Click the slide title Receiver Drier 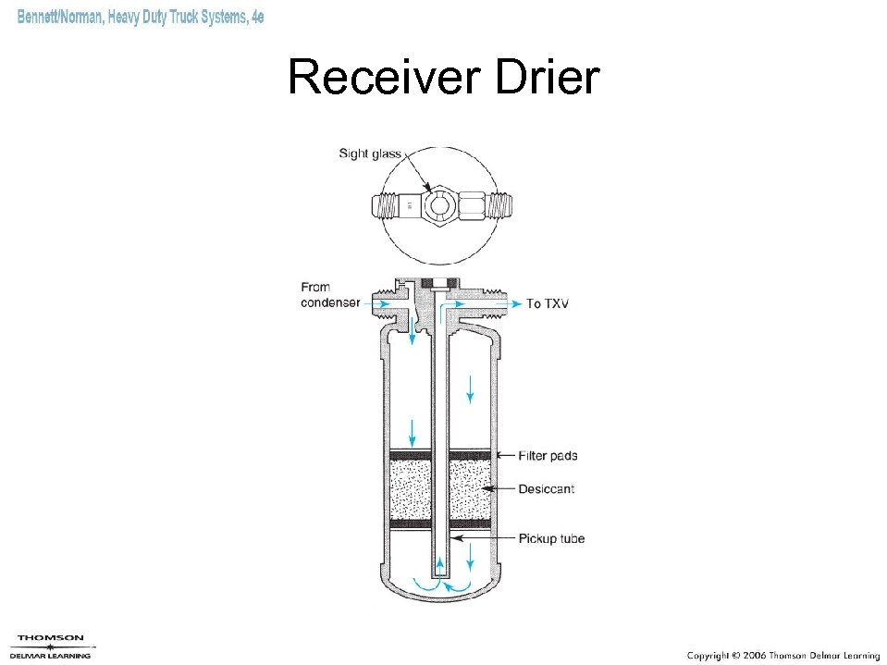tap(443, 78)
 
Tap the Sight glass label tap(370, 154)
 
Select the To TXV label tap(547, 303)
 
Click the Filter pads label tap(548, 456)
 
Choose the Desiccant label tap(546, 488)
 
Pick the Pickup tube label tap(551, 538)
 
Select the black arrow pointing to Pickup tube tap(481, 538)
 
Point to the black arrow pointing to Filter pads tap(505, 456)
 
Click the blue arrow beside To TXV tap(504, 303)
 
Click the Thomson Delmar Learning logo tap(52, 646)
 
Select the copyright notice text tap(782, 655)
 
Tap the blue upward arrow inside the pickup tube tap(439, 565)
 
